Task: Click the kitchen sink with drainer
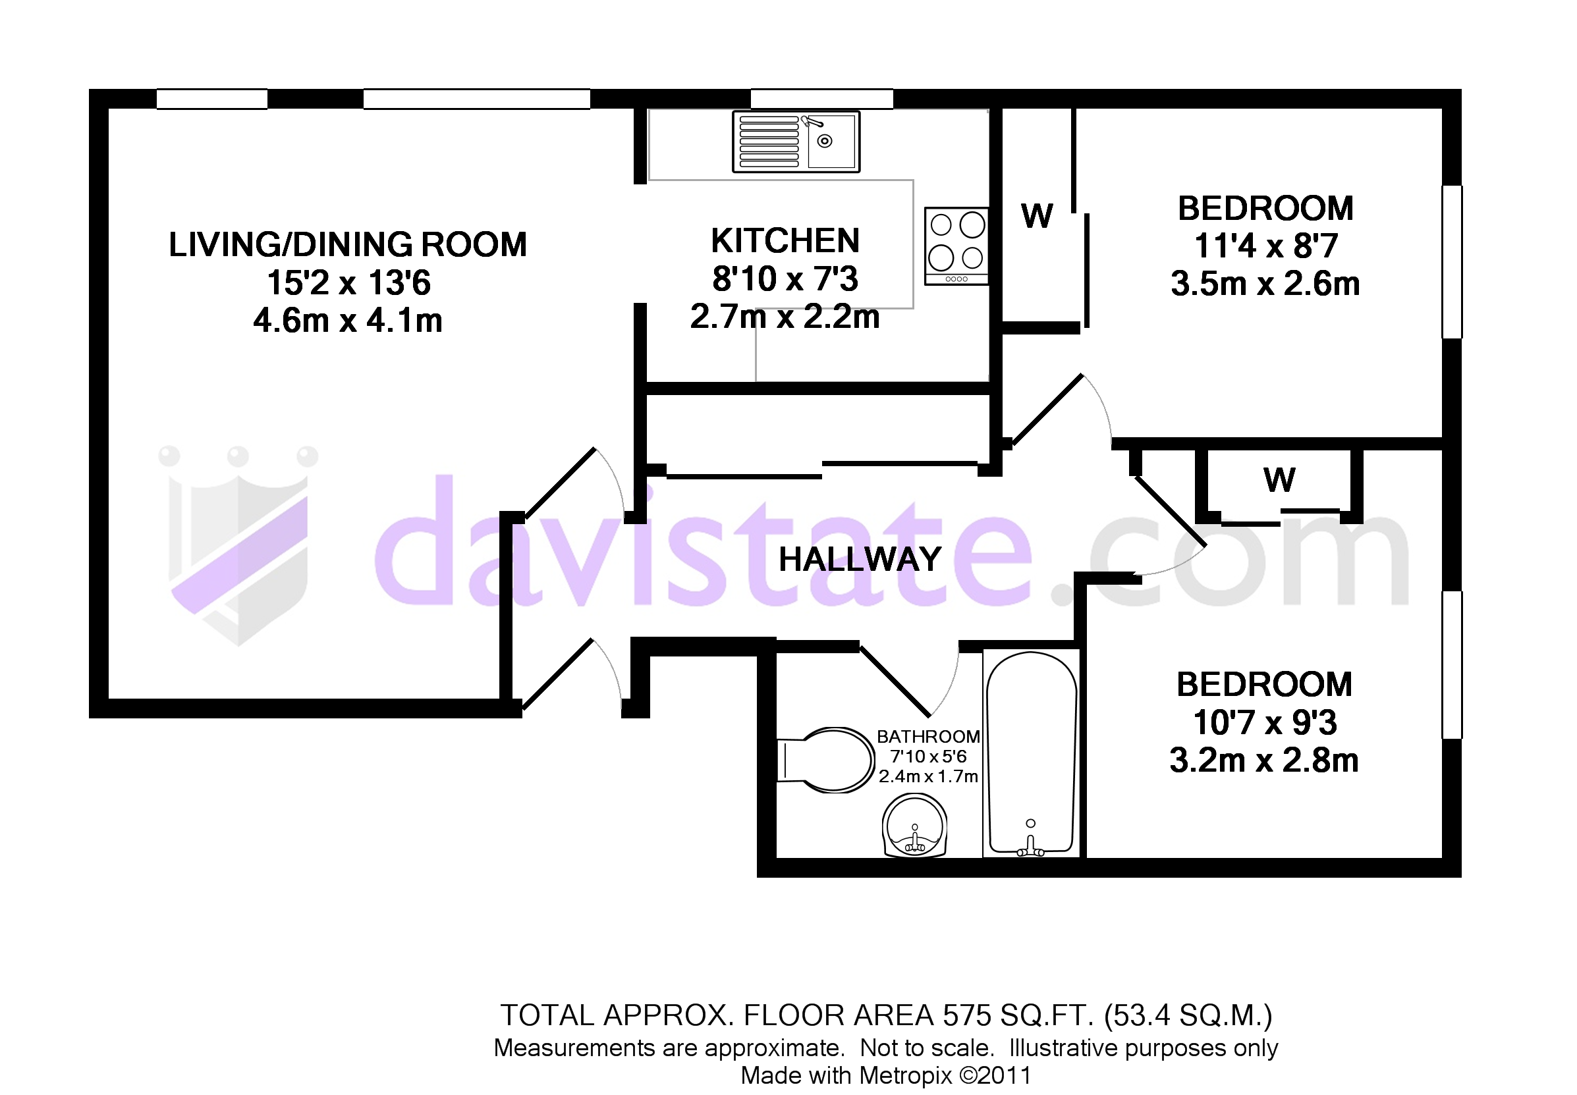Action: [x=795, y=142]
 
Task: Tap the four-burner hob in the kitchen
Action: [x=956, y=246]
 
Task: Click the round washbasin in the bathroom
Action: [x=914, y=826]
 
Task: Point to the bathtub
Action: [x=1031, y=753]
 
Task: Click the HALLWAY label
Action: [x=859, y=559]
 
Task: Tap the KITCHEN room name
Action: [x=785, y=241]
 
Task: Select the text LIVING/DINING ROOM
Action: [x=348, y=245]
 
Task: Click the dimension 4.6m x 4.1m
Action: [x=348, y=321]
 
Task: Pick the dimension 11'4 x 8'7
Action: [x=1265, y=246]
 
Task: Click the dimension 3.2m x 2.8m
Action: [x=1264, y=761]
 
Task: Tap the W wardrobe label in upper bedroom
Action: [x=1036, y=216]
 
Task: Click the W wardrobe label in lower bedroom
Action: [x=1279, y=479]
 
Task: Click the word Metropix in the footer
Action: [x=905, y=1075]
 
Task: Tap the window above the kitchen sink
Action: [x=821, y=99]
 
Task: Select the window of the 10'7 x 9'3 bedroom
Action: [x=1451, y=665]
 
